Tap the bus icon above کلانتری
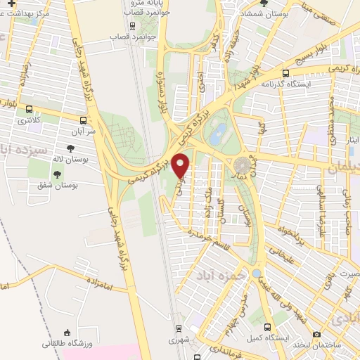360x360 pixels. pyautogui.click(x=29, y=109)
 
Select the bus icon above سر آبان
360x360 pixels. pyautogui.click(x=84, y=120)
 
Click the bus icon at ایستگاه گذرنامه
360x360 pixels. pyautogui.click(x=285, y=72)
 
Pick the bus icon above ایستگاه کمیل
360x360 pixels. pyautogui.click(x=267, y=327)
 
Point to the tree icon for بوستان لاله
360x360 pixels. pyautogui.click(x=70, y=148)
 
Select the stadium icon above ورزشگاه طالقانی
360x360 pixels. pyautogui.click(x=67, y=332)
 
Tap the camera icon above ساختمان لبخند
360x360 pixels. pyautogui.click(x=317, y=333)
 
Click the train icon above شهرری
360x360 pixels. pyautogui.click(x=178, y=328)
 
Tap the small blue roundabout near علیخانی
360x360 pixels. pyautogui.click(x=257, y=273)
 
